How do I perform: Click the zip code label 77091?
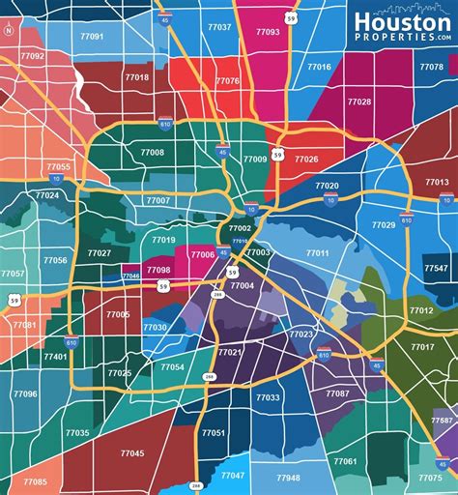pos(93,36)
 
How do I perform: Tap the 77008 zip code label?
pos(152,152)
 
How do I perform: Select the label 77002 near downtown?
pos(240,228)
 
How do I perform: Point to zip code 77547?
pos(436,268)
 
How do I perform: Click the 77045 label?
pos(132,452)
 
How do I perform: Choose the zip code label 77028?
pos(359,102)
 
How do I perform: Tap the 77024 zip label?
pos(46,195)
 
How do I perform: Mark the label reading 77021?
pos(230,352)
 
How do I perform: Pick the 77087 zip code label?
pos(337,393)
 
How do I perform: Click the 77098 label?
pos(158,270)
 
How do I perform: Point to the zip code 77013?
pos(437,183)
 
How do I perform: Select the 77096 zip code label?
pos(25,393)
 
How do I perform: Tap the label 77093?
pos(269,31)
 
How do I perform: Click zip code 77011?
pos(317,252)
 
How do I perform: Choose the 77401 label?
pos(55,356)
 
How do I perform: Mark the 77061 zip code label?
pos(345,461)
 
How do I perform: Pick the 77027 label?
pos(99,252)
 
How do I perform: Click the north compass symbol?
pos(9,30)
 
